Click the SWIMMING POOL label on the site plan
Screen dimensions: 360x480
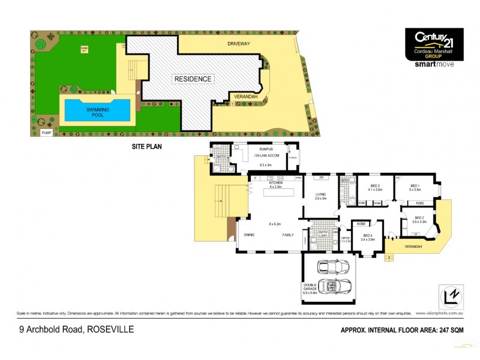click(97, 112)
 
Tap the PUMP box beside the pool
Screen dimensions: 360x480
click(46, 132)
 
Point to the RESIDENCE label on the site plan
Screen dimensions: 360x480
click(193, 79)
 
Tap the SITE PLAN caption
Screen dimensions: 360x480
click(147, 145)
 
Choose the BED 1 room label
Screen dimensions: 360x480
click(415, 186)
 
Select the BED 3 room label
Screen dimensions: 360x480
click(375, 186)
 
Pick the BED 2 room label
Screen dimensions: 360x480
click(419, 218)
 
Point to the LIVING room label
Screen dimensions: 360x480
click(321, 194)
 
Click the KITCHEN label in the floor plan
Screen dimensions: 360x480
click(275, 184)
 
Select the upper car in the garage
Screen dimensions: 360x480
click(332, 265)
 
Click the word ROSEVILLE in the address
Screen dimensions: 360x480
click(110, 329)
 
